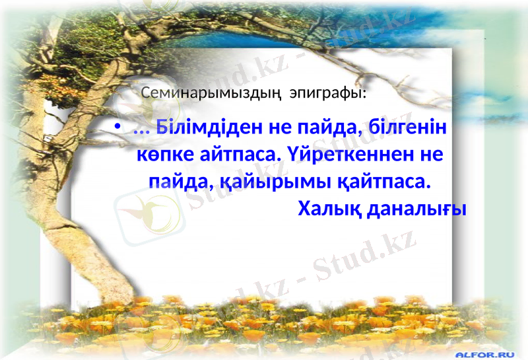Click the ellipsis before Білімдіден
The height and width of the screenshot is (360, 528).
[141, 128]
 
